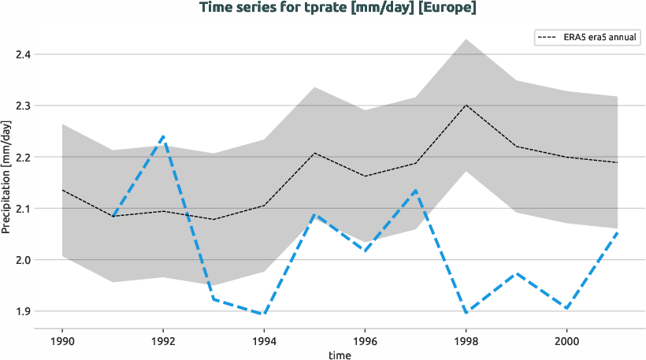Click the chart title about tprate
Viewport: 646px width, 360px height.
(338, 8)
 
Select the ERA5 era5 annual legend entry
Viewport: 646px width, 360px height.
(586, 37)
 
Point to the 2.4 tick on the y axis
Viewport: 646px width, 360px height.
(23, 54)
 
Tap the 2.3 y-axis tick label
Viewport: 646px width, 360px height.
(23, 106)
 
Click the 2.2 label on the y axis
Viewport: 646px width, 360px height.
(23, 158)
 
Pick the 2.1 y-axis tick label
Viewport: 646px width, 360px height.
(23, 209)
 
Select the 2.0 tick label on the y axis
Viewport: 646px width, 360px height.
(23, 260)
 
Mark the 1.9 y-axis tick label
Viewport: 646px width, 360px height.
(23, 311)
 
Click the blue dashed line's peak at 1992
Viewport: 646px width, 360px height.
(163, 137)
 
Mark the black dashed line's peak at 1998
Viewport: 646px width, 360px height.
(466, 105)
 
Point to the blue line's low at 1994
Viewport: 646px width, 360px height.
(264, 314)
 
